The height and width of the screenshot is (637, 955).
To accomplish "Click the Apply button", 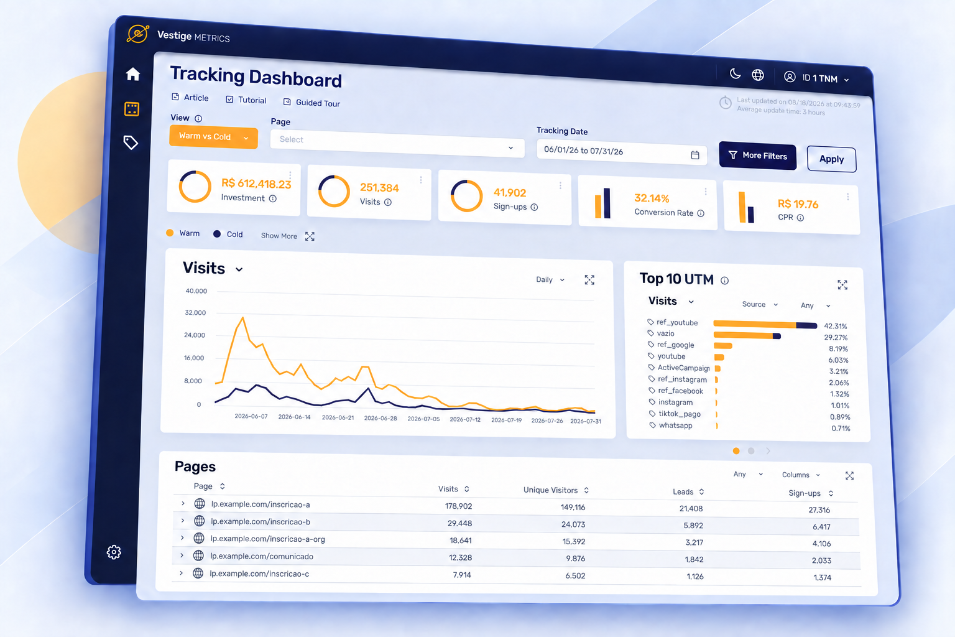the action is coord(831,159).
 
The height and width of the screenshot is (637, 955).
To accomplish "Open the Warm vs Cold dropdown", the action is coord(213,137).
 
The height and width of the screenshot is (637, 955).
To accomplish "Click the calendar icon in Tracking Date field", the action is coord(695,155).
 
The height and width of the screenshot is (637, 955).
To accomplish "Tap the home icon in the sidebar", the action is coord(132,74).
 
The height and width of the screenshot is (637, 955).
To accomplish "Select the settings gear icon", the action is coord(114,552).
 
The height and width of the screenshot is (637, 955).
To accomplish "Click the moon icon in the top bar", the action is coord(735,73).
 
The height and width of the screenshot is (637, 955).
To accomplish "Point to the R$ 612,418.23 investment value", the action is coord(256,184).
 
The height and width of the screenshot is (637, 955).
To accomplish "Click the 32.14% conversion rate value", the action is coord(652,198).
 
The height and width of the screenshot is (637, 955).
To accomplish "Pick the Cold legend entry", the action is coord(228,235).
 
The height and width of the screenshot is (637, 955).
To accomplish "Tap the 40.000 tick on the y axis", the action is coord(196,291).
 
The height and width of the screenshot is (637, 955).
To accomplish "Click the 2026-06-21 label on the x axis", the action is coord(338,417).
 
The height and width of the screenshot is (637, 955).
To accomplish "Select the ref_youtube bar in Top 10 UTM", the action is coord(765,325).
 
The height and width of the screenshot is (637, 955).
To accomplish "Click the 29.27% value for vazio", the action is coord(836,338).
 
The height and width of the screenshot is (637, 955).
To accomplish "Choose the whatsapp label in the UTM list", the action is coord(675,425).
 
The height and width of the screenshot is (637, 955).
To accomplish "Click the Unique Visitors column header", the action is coord(550,490).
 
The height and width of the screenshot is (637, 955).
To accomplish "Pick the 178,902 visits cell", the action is coord(458,506).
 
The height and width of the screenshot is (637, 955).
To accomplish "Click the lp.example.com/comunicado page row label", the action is coord(261,556).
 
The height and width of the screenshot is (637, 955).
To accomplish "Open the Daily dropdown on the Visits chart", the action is coord(550,279).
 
